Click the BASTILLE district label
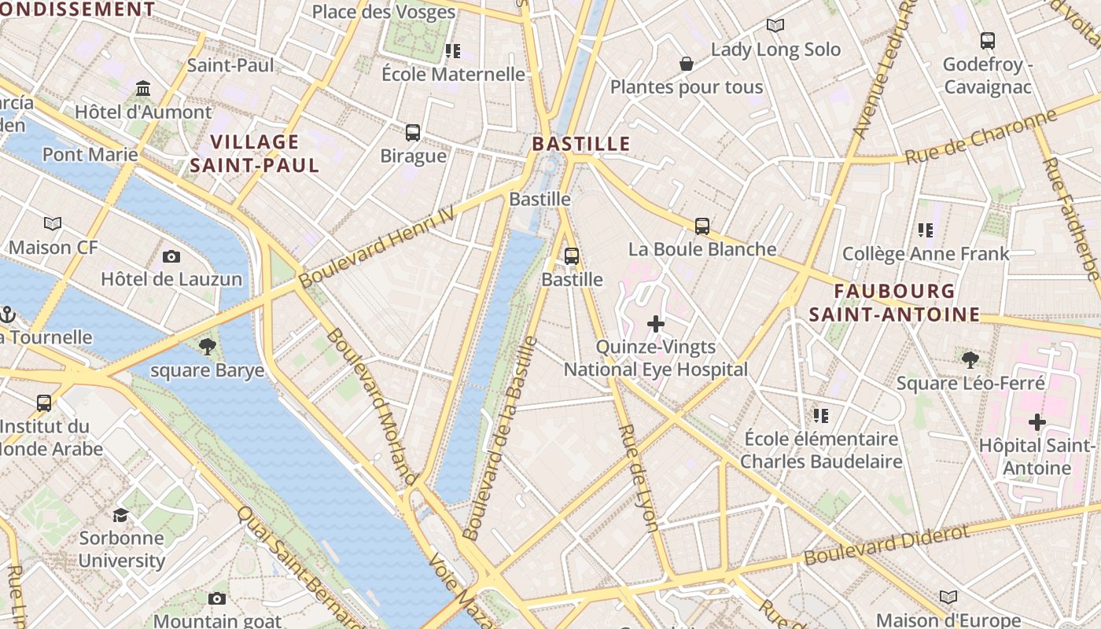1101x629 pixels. click(x=581, y=144)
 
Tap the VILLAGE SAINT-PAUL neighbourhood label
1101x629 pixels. click(x=254, y=153)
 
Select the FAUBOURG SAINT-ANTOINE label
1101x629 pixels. click(x=894, y=303)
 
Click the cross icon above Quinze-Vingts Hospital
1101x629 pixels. click(x=655, y=324)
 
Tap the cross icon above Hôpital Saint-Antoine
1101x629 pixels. click(x=1037, y=422)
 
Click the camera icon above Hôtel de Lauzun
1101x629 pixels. click(x=171, y=256)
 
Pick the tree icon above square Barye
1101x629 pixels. click(x=207, y=346)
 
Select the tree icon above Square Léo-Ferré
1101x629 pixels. click(x=970, y=360)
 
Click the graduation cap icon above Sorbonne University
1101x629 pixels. click(x=120, y=515)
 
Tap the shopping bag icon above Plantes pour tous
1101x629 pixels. click(x=686, y=64)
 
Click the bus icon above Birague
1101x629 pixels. click(x=413, y=133)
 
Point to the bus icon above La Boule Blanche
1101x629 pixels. click(x=701, y=226)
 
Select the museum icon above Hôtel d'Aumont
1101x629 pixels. click(x=142, y=88)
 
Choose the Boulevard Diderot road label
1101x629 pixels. click(x=886, y=545)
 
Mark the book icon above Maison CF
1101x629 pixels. click(x=53, y=224)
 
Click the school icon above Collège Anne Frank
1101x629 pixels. click(x=925, y=230)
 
